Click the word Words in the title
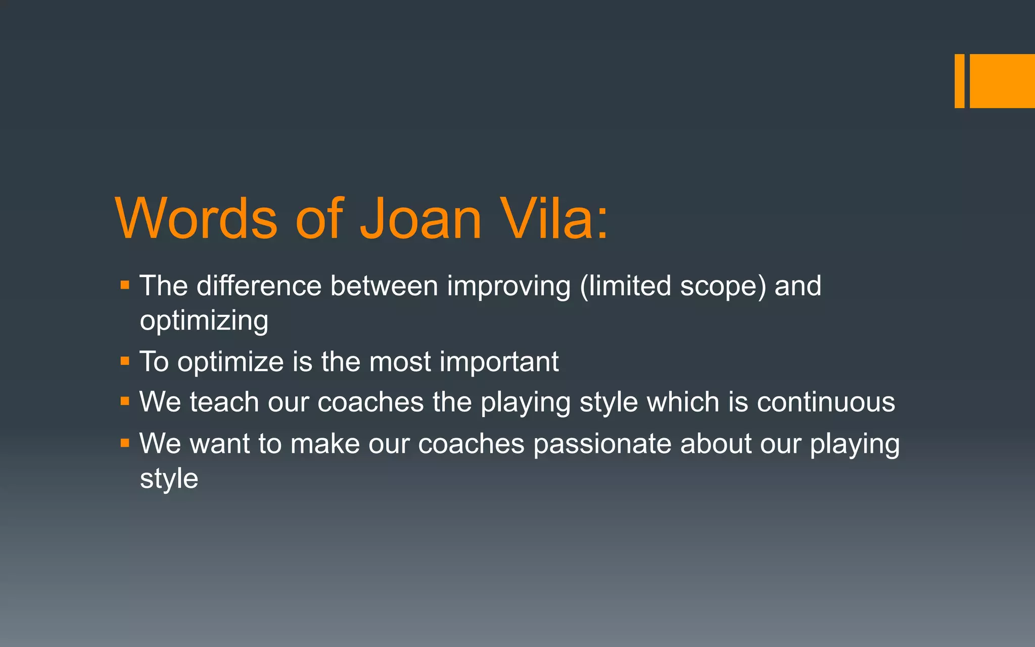(x=196, y=218)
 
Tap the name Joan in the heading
(x=420, y=218)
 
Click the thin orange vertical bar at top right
(x=959, y=81)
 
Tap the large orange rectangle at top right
(x=1002, y=81)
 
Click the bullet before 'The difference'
(x=125, y=286)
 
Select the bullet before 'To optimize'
(x=125, y=361)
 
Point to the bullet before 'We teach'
(x=125, y=402)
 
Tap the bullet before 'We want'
(x=125, y=443)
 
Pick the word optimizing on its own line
(x=204, y=321)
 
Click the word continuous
(x=826, y=402)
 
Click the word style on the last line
(x=169, y=479)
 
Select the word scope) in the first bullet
(x=723, y=287)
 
